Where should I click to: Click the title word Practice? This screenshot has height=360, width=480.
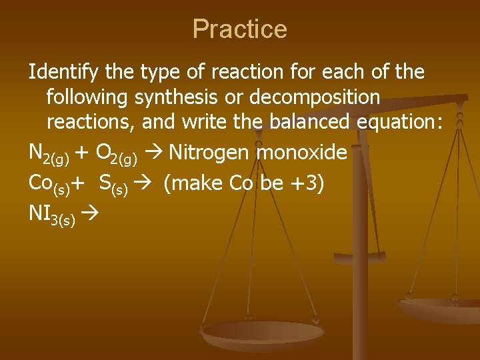tap(239, 29)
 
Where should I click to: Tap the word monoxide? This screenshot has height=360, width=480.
tap(302, 153)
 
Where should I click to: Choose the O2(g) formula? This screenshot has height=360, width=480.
tap(117, 155)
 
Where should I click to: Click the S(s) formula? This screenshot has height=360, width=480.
tap(113, 185)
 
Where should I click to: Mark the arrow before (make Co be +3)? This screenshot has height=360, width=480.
tap(145, 183)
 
